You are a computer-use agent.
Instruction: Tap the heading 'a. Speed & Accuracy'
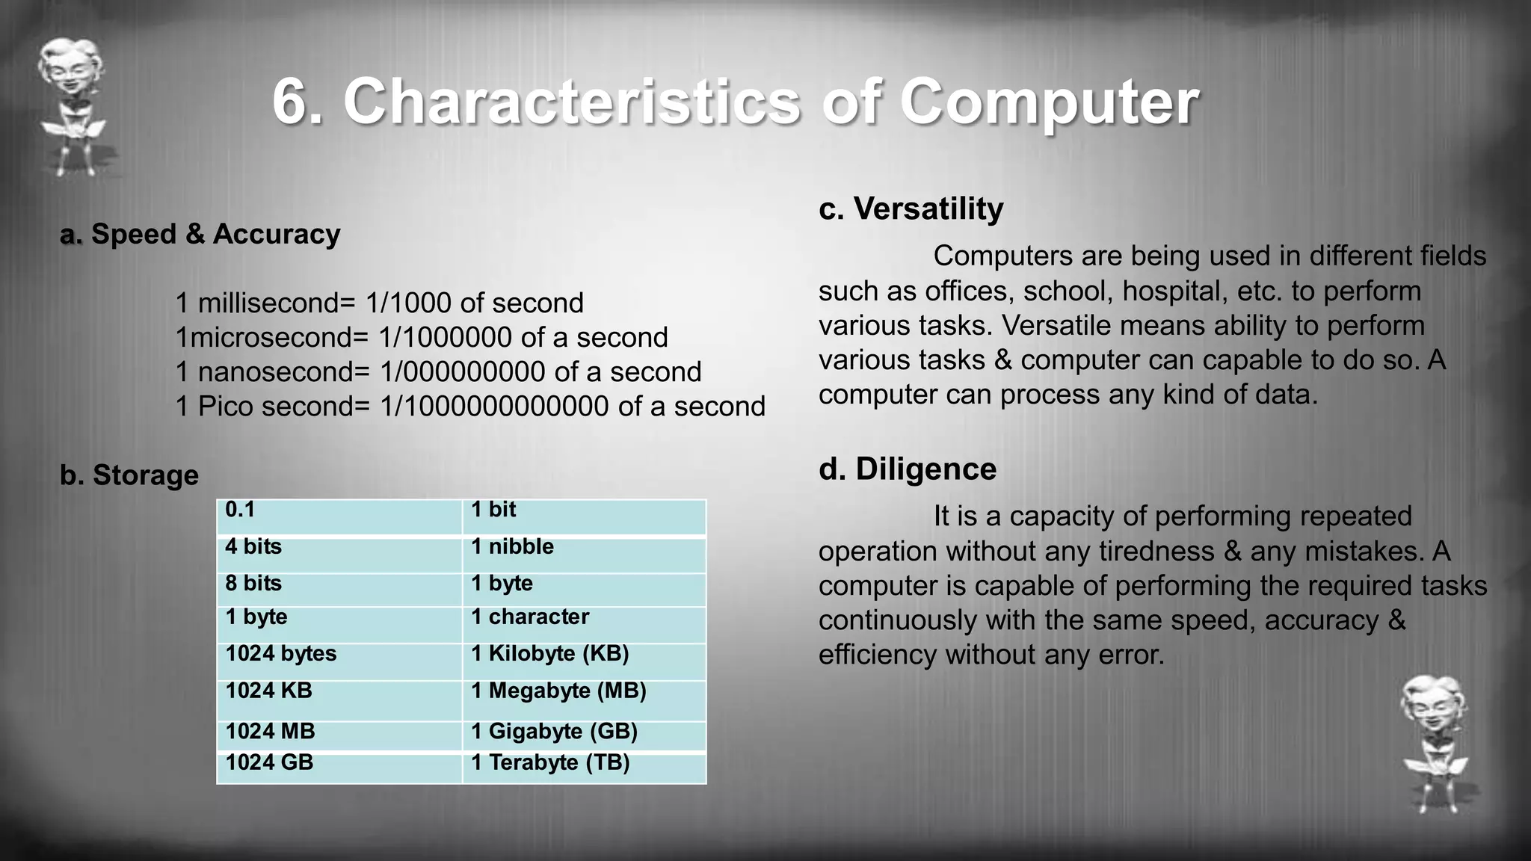click(x=200, y=235)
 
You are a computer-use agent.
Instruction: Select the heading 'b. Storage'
click(x=129, y=475)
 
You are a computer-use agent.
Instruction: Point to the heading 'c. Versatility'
click(x=911, y=209)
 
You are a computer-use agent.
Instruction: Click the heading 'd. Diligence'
click(x=908, y=469)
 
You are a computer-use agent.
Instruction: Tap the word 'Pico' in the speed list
click(x=226, y=407)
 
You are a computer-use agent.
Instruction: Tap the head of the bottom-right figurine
click(x=1433, y=704)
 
